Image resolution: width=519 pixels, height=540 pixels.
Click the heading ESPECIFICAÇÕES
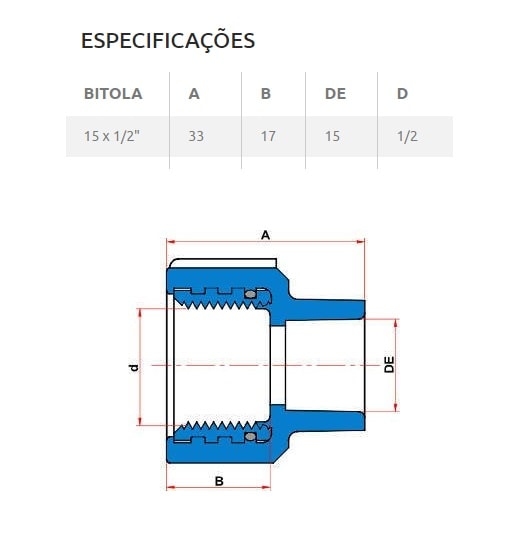pos(167,41)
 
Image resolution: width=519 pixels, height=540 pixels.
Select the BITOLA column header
pos(113,94)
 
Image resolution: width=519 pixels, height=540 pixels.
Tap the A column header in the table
pos(194,94)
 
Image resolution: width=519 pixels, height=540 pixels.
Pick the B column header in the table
pos(266,94)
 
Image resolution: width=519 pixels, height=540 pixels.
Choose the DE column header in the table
pos(335,94)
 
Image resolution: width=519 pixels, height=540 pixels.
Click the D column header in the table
pos(402,94)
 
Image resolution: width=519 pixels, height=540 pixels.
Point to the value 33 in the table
pos(196,136)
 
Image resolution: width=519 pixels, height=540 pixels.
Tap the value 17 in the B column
pos(268,136)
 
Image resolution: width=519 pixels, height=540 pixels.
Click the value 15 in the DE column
pos(332,136)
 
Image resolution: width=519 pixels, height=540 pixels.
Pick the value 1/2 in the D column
pos(407,136)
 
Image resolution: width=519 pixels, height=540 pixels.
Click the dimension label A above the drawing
pos(265,234)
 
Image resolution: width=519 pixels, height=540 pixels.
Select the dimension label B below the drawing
pos(217,480)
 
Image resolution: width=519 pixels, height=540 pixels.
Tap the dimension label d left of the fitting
pos(132,367)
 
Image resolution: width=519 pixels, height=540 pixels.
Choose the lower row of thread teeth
pos(212,435)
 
